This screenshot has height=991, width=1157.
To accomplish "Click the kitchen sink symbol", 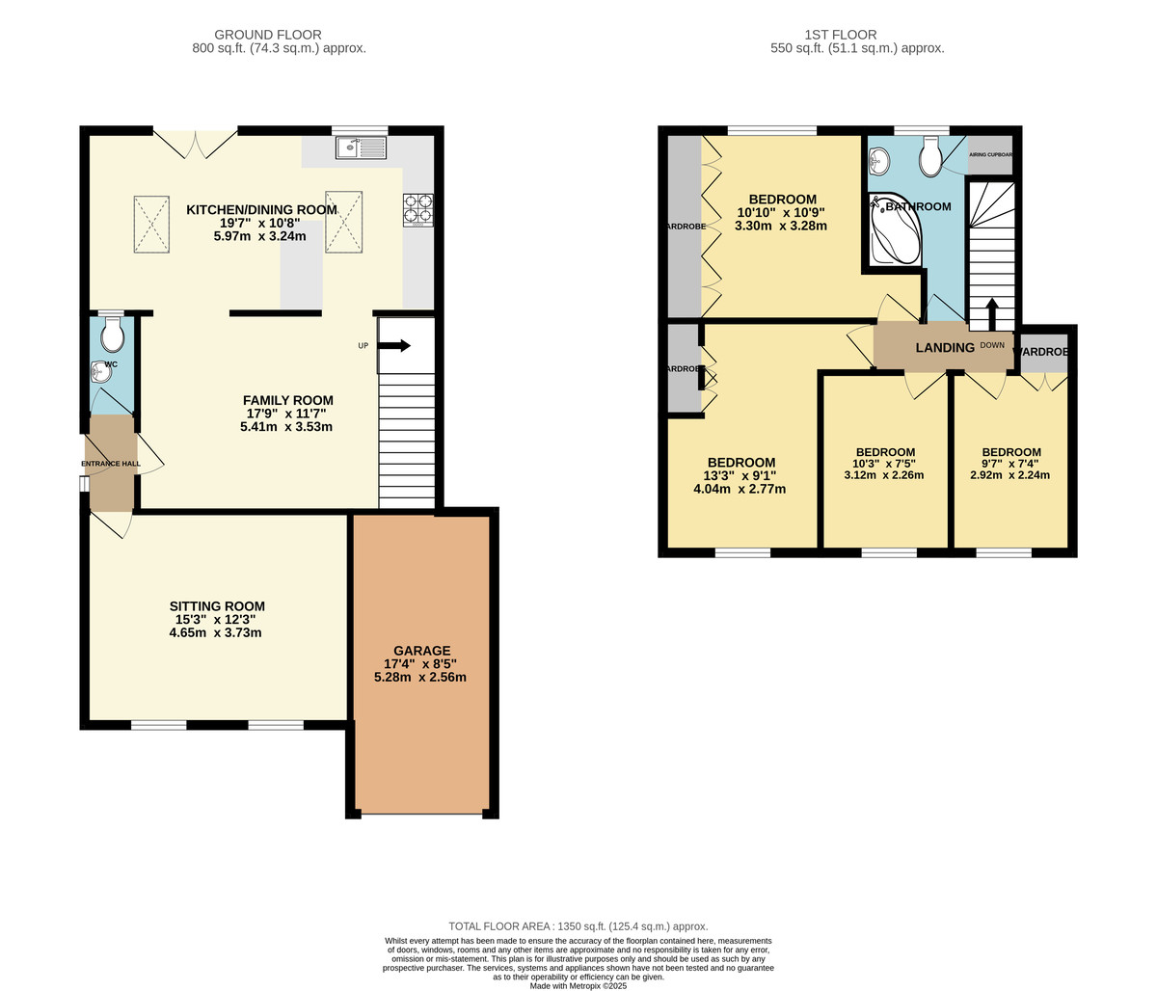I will (x=361, y=147).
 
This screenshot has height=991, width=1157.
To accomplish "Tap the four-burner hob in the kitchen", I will (x=417, y=209).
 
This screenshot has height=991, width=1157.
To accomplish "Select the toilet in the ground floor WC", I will (x=112, y=335).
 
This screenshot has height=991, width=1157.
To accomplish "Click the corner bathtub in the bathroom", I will (x=892, y=230).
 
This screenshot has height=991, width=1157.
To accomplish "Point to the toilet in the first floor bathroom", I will (x=930, y=156).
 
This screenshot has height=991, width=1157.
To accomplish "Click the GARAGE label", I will (x=420, y=651).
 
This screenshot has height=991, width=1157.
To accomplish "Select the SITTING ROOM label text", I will (x=217, y=606).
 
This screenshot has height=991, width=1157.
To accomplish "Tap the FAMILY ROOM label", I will (x=287, y=400).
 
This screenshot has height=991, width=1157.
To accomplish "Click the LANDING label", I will (x=944, y=347).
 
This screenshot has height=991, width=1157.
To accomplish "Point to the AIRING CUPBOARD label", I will (x=990, y=154).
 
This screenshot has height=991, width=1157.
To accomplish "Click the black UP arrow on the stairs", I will (x=394, y=345).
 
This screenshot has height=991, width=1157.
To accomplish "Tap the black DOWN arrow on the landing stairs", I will (x=991, y=314).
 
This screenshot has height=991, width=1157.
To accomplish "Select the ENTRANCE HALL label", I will (x=110, y=464).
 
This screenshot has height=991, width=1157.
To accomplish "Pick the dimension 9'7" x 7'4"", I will (x=1010, y=463).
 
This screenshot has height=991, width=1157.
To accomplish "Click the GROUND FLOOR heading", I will (x=267, y=35).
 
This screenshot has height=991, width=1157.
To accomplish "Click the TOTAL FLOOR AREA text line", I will (x=578, y=925).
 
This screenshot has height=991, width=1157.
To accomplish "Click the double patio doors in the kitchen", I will (x=196, y=145).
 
